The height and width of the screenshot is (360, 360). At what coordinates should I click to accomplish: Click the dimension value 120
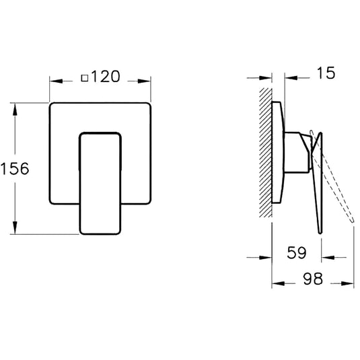(x=106, y=77)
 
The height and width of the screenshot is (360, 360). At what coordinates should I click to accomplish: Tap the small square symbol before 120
(x=84, y=77)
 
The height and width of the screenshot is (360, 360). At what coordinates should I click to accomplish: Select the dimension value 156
(x=15, y=168)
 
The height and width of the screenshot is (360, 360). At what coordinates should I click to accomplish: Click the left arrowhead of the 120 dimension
(x=53, y=81)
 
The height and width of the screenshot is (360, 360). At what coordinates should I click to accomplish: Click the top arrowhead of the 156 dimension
(x=15, y=106)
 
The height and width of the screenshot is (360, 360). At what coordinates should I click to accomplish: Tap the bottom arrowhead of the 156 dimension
(x=15, y=230)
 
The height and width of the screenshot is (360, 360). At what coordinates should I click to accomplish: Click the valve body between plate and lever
(x=296, y=151)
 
